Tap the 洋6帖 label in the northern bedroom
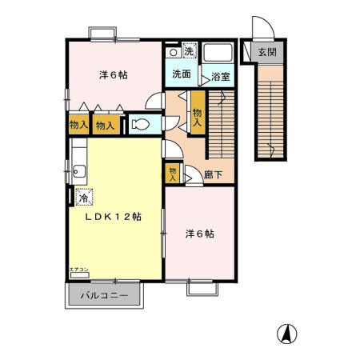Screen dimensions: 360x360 coord(114,75)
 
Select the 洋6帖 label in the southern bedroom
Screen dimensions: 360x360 coord(199,234)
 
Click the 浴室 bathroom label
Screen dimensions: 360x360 coord(221,77)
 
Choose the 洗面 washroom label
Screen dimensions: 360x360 coord(181,74)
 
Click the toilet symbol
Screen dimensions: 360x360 coord(141,124)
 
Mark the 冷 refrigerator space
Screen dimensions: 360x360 coord(83,194)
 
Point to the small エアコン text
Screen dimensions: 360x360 coord(78,269)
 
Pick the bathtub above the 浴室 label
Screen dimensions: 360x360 coord(217,54)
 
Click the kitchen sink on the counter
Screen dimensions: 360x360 coord(78,169)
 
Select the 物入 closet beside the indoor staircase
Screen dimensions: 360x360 coord(198,113)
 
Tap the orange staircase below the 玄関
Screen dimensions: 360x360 coord(271,112)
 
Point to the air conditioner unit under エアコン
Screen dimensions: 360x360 coord(78,275)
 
